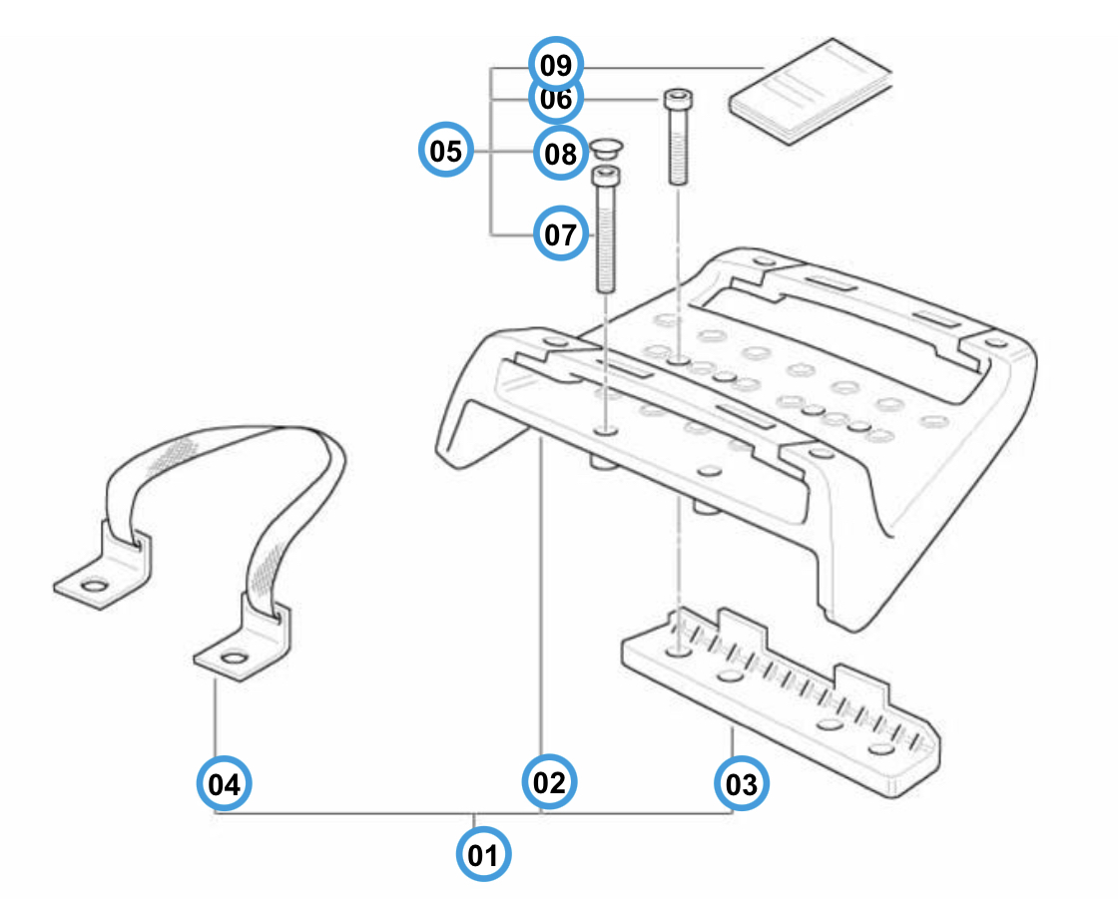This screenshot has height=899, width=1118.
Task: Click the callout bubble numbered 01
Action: [x=484, y=855]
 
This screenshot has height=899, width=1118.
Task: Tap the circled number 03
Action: [x=741, y=784]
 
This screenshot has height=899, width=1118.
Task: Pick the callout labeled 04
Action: [x=223, y=784]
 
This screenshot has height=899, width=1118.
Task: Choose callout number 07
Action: [x=560, y=234]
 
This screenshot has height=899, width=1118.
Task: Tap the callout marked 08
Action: [x=560, y=154]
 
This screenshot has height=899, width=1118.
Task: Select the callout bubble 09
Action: [x=555, y=65]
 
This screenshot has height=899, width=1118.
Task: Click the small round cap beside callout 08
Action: [x=605, y=150]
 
